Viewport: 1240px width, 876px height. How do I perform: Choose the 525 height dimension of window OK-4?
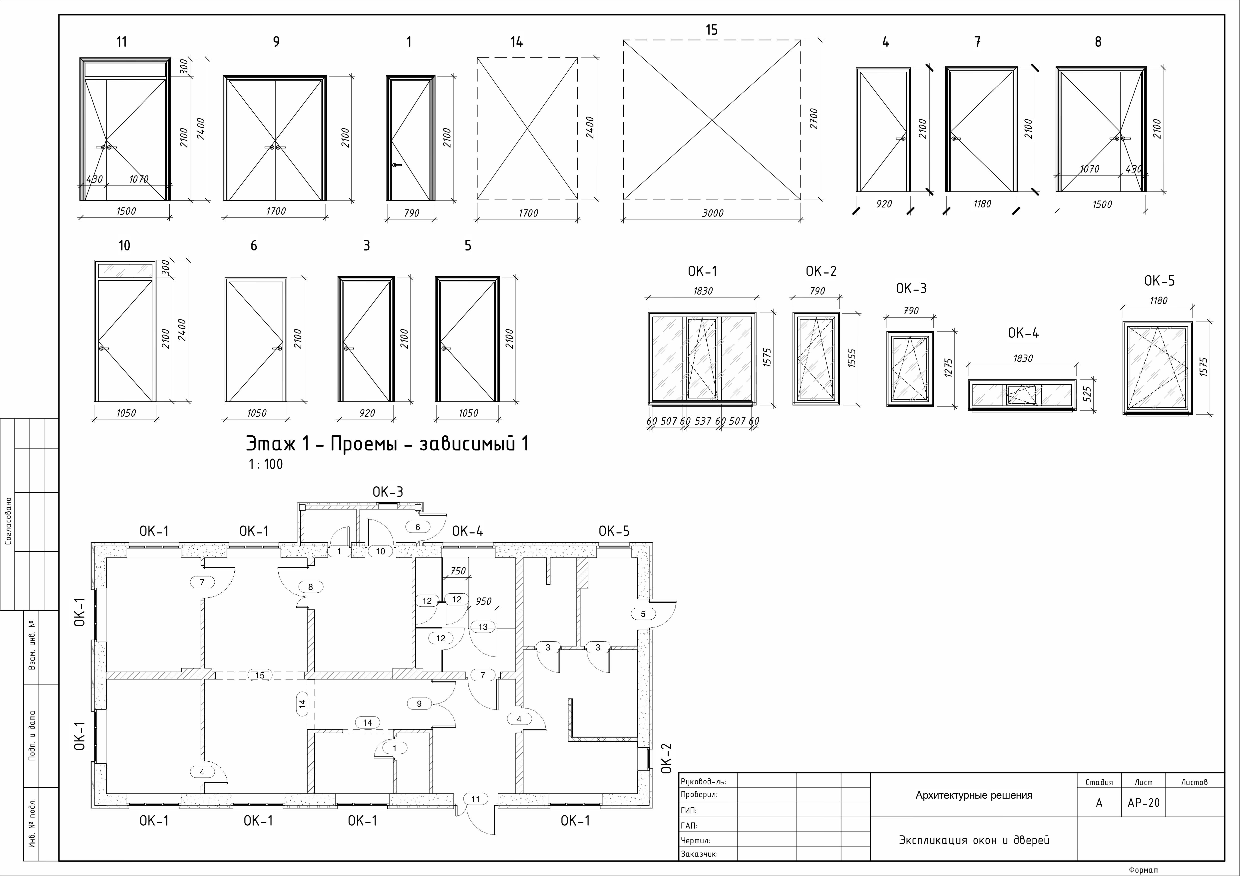point(1088,394)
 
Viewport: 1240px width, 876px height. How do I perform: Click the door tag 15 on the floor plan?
point(260,675)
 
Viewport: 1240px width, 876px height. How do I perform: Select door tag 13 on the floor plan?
point(483,627)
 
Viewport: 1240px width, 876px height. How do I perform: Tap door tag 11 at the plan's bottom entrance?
point(475,799)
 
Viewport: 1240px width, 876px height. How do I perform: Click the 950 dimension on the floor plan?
point(483,601)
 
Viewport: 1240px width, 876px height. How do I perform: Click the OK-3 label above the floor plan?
point(388,492)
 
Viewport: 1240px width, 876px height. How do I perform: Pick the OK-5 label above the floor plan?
point(614,531)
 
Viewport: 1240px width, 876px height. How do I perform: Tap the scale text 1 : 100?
point(266,464)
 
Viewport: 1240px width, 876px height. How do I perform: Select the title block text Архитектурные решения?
point(974,795)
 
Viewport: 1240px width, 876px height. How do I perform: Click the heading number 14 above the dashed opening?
point(516,41)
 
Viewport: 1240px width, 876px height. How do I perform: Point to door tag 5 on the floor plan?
point(643,614)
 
